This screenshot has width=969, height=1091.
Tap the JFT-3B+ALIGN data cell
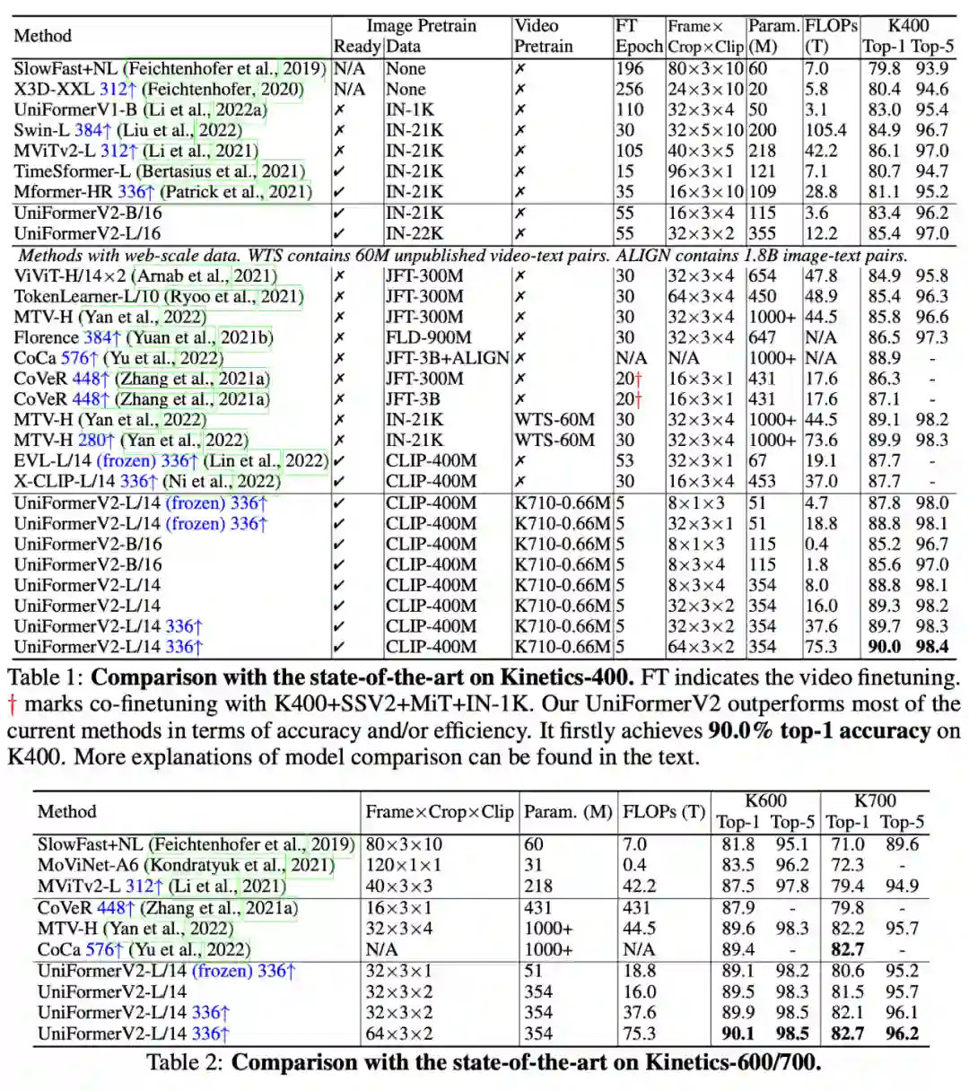pos(447,358)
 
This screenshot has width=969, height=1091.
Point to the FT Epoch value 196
pos(630,68)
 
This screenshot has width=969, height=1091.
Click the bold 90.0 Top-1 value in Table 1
pos(884,646)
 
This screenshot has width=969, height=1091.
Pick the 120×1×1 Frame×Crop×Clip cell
pos(403,865)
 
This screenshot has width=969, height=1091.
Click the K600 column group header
pos(765,801)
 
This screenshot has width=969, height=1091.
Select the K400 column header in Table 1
pos(907,26)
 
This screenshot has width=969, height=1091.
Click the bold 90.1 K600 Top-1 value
pos(738,1034)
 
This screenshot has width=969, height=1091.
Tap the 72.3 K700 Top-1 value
pos(847,865)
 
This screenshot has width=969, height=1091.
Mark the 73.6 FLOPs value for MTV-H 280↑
pos(821,440)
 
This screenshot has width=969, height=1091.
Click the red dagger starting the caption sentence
pos(13,703)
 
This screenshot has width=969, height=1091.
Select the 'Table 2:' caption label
pos(186,1063)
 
